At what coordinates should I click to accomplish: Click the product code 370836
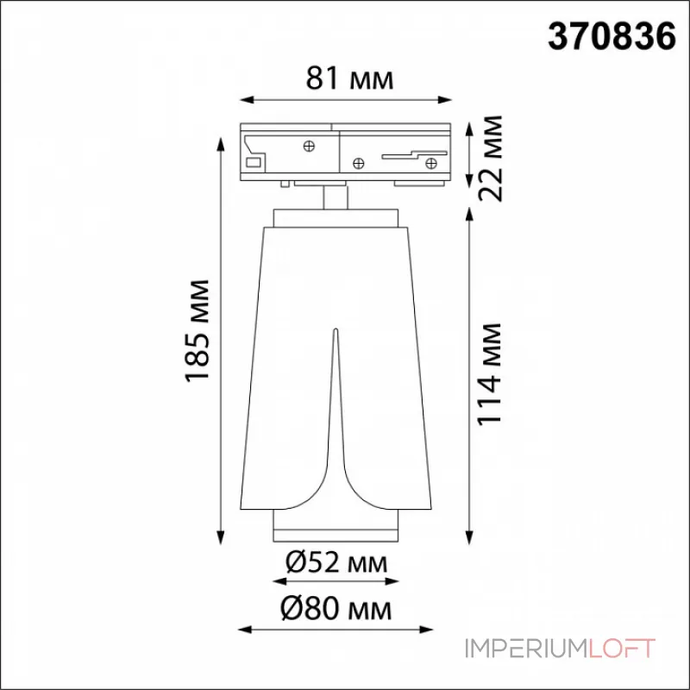point(612,36)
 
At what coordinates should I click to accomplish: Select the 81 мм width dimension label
point(350,78)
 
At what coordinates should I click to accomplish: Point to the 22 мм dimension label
point(490,159)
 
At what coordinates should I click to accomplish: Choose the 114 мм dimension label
point(490,374)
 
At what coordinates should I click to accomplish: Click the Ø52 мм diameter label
point(336,562)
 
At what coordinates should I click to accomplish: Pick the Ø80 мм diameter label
point(336,609)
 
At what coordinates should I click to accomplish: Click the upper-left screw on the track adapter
point(309,146)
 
